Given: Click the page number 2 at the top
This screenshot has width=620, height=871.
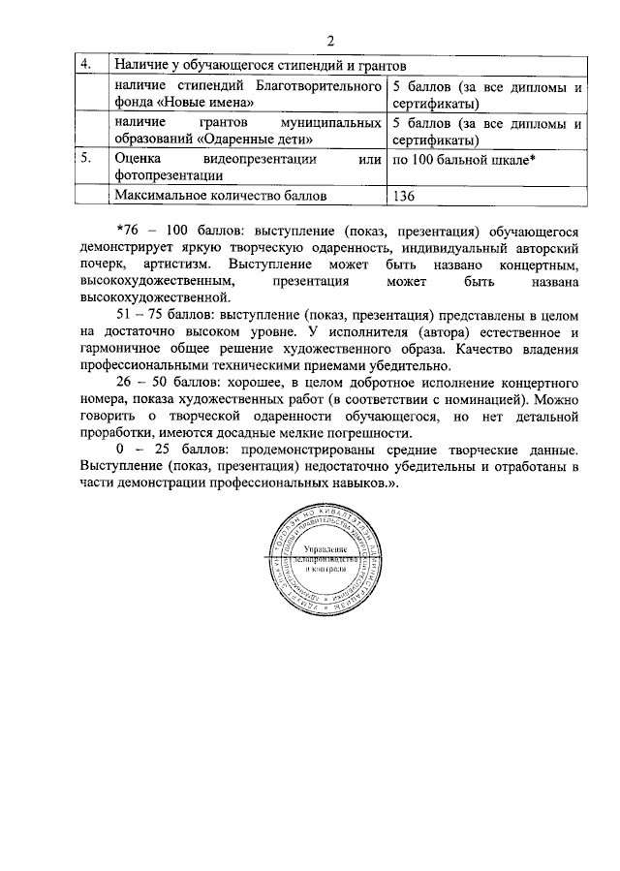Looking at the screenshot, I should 329,42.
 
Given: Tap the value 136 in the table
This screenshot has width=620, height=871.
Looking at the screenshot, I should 405,196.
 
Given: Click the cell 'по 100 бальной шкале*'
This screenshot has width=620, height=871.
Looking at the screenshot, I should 463,158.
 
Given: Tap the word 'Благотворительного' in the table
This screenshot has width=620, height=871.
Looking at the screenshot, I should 318,86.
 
